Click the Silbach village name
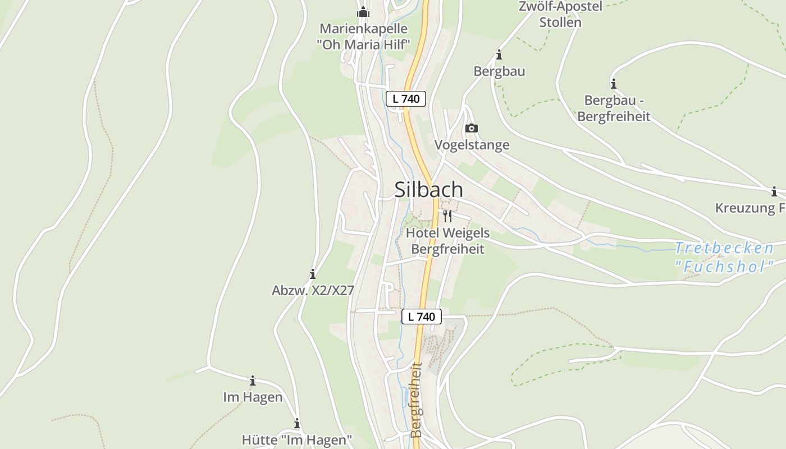(429, 190)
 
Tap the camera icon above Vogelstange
(472, 128)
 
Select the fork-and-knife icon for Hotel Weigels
(447, 216)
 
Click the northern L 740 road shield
(406, 99)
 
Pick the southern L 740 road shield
(422, 317)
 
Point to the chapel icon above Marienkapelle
(363, 11)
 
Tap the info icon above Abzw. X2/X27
(313, 274)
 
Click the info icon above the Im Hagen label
(253, 381)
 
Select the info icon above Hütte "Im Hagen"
(296, 423)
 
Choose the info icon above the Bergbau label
(499, 55)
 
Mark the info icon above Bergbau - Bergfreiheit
(614, 84)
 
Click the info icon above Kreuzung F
(774, 191)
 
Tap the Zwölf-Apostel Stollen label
(560, 15)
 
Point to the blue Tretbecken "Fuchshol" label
(724, 257)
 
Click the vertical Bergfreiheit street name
(416, 400)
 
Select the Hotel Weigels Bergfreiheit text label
(447, 241)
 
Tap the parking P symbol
(389, 288)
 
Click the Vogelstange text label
(472, 145)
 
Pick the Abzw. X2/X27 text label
(313, 290)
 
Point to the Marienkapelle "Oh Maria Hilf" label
(363, 36)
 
